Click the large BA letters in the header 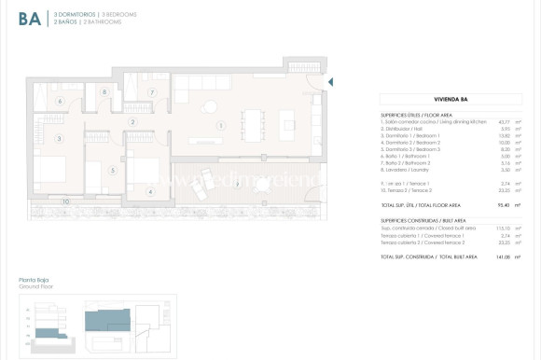pos(29,20)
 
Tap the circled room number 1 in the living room pos(220,125)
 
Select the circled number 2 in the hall pos(133,122)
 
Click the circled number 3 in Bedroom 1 pos(59,138)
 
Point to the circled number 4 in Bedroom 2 pos(150,192)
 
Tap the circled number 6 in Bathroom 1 pos(59,101)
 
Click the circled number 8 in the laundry pos(104,93)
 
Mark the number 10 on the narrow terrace pos(64,201)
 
